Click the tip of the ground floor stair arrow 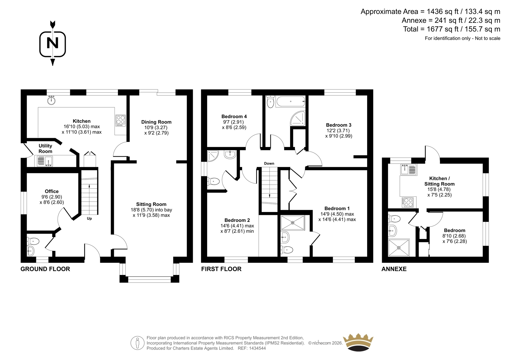89,184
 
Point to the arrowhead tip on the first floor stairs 269,197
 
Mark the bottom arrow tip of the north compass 53,66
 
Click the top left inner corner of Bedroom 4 207,95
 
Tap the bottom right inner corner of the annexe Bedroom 483,257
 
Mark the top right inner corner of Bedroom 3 367,95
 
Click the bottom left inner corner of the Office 27,230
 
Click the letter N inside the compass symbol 52,43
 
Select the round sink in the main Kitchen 52,100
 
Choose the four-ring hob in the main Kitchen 121,120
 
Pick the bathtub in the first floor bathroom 290,102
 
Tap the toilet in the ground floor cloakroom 33,241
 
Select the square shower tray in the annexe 399,247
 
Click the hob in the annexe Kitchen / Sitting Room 408,202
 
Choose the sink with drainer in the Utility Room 45,161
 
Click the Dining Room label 156,122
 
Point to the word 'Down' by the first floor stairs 269,163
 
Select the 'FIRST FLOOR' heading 221,269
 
